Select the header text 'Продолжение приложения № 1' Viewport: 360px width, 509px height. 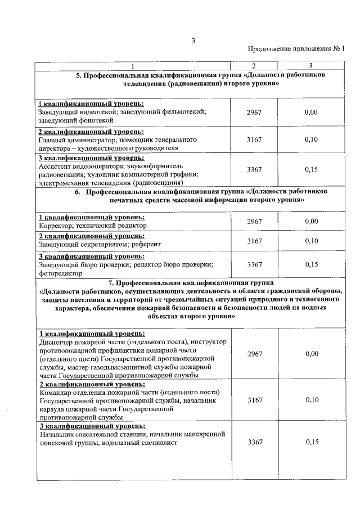click(x=296, y=49)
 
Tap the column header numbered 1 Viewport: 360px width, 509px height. click(x=133, y=66)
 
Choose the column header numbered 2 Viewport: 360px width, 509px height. click(x=254, y=66)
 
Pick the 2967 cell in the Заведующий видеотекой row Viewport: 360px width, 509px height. click(x=254, y=112)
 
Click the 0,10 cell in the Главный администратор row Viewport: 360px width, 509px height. click(x=311, y=139)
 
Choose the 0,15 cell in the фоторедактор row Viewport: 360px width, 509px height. click(x=311, y=264)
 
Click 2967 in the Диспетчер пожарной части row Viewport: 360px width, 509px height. click(x=254, y=354)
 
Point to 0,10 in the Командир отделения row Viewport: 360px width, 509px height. click(x=311, y=399)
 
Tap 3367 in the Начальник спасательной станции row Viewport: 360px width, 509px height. click(x=254, y=443)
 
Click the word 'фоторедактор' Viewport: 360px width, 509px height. click(x=61, y=273)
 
